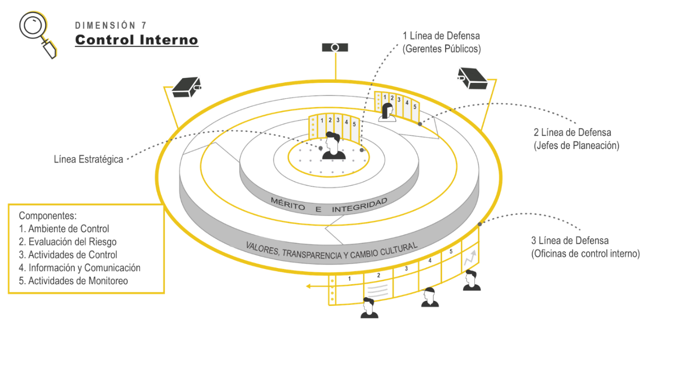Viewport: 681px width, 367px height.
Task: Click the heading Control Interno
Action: pos(136,40)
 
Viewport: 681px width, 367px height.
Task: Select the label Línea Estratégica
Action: pos(88,159)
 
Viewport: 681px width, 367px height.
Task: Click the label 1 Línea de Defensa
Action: pos(441,36)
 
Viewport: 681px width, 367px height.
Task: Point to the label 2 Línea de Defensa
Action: pos(572,133)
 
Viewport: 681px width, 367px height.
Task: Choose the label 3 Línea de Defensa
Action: pos(569,241)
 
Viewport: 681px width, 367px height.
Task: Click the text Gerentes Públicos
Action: pos(442,49)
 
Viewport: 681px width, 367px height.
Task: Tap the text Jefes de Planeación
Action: pos(576,145)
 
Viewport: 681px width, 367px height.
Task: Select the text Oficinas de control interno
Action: pos(585,254)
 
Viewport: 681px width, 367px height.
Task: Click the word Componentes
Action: pos(47,215)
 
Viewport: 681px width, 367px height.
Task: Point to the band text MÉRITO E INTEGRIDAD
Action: pos(329,205)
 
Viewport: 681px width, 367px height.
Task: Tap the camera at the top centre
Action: pos(335,47)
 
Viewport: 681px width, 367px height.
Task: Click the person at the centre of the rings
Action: pos(333,146)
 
